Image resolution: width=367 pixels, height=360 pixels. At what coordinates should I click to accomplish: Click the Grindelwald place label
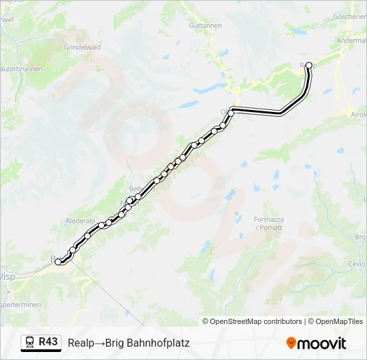[x=81, y=48]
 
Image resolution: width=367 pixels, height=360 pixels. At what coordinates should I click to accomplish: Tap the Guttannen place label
[x=205, y=25]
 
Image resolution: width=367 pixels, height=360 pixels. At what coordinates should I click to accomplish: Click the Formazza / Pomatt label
[x=268, y=223]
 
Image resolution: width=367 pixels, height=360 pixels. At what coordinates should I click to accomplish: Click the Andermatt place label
[x=354, y=39]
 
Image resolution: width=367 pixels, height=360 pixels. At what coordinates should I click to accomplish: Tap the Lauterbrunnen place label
[x=20, y=69]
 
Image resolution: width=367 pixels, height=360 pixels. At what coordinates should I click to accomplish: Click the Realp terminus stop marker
[x=308, y=65]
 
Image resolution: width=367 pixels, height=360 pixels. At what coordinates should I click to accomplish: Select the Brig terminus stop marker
[x=59, y=262]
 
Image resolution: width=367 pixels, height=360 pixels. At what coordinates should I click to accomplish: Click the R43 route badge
[x=48, y=342]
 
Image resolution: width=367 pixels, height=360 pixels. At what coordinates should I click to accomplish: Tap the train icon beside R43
[x=30, y=343]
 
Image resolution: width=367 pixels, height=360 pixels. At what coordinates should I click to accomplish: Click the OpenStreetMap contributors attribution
[x=252, y=321]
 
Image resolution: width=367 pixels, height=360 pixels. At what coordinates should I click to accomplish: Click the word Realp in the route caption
[x=81, y=343]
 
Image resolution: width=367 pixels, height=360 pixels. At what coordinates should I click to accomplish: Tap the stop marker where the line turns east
[x=231, y=113]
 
